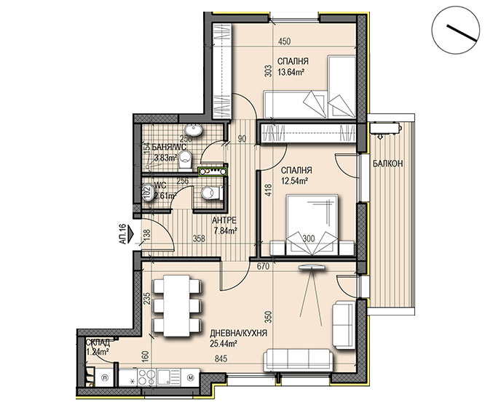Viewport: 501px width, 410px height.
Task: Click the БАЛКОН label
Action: click(388, 164)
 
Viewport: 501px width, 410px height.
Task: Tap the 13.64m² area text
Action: click(291, 72)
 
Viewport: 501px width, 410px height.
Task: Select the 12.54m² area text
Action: click(294, 181)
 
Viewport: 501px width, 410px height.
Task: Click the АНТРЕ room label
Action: click(224, 220)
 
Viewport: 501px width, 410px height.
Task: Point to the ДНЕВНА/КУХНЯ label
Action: click(238, 334)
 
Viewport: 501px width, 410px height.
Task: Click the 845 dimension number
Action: click(221, 359)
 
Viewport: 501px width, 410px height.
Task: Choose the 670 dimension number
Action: click(264, 266)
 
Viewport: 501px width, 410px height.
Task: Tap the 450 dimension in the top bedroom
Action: click(284, 41)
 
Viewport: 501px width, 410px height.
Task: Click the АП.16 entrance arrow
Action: click(130, 234)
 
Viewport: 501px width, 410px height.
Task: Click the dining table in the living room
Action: click(177, 305)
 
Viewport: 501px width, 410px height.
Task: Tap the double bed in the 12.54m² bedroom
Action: click(312, 225)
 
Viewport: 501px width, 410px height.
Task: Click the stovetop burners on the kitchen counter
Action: click(147, 377)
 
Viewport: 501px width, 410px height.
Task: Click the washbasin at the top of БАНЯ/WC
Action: click(194, 130)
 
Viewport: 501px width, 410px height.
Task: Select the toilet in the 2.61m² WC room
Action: click(211, 193)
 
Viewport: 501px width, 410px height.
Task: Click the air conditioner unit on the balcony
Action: click(386, 128)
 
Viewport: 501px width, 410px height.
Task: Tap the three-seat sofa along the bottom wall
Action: click(298, 361)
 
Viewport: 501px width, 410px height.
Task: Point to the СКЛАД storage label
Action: click(98, 343)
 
